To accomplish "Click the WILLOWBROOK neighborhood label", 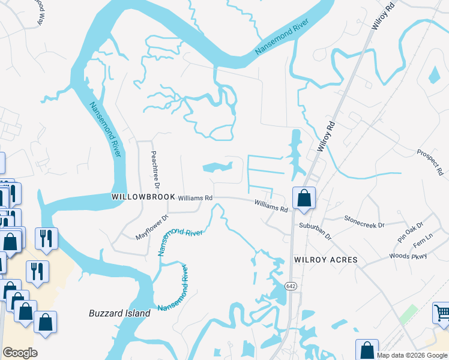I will (143, 197).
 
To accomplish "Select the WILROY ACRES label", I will (325, 260).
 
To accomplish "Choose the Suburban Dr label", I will (315, 231).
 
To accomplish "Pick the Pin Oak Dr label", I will (410, 228).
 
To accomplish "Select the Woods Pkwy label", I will (408, 256).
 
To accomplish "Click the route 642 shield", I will (291, 286).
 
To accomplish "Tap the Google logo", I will (20, 353).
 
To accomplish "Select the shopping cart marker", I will (442, 313).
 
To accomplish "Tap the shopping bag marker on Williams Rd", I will (304, 197).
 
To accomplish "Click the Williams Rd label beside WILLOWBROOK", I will (196, 197).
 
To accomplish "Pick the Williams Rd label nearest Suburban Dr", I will (271, 206).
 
